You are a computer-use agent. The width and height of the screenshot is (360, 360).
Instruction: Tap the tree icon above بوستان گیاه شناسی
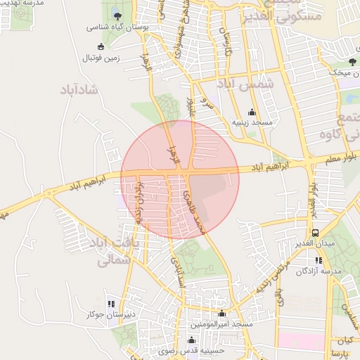(x=117, y=16)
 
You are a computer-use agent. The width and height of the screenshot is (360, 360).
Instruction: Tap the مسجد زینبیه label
(x=252, y=122)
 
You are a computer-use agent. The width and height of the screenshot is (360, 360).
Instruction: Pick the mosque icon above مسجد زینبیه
(x=252, y=112)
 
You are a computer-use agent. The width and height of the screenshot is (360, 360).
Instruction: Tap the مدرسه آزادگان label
(x=317, y=271)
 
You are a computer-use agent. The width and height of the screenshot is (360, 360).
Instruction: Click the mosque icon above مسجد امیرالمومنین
(x=222, y=314)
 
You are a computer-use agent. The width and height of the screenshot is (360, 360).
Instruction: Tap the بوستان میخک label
(x=341, y=72)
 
